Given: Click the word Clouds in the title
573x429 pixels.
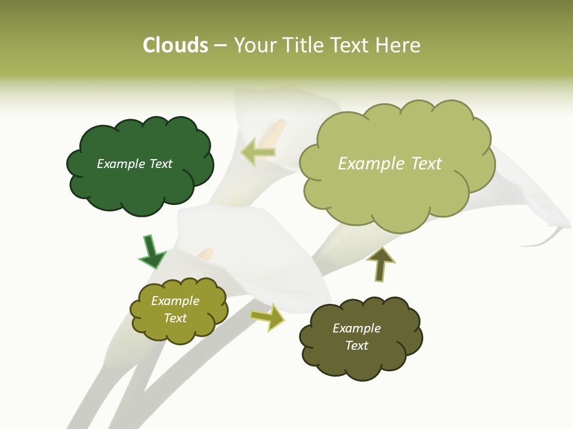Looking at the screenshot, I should (x=175, y=45).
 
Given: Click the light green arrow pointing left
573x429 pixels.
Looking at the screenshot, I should (x=258, y=153).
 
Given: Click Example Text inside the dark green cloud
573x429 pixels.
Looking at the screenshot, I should (x=134, y=164).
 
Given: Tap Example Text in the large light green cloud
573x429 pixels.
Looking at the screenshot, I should (x=390, y=164).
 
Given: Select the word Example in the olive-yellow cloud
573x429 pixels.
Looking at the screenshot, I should (x=175, y=301).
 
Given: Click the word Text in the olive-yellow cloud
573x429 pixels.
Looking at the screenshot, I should (x=175, y=318).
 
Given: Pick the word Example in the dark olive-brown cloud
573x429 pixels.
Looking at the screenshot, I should (x=356, y=328).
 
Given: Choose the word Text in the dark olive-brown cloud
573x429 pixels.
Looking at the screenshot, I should (x=356, y=346).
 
